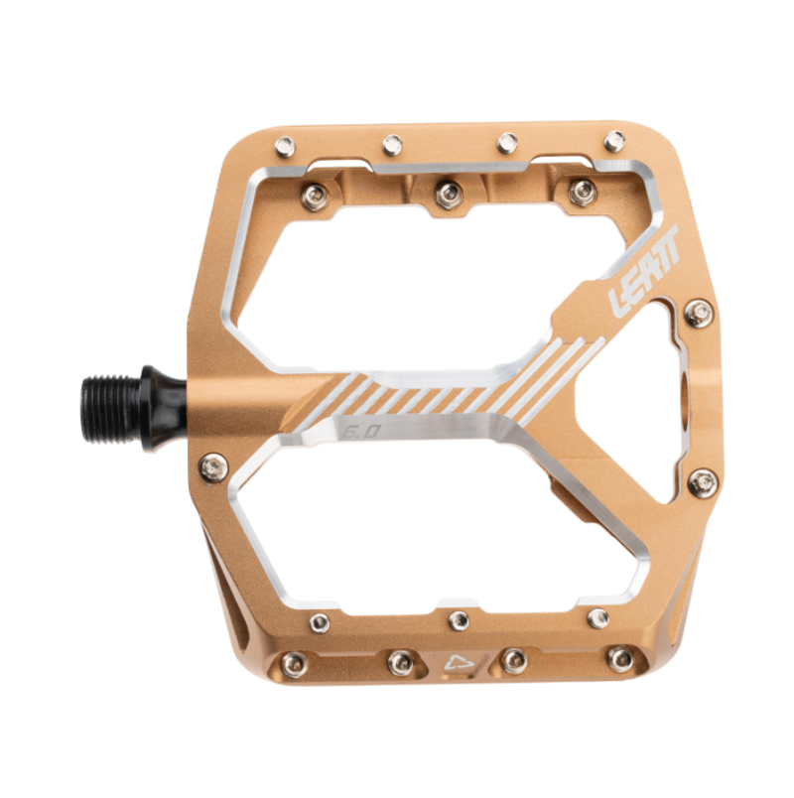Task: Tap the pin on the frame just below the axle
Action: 210,464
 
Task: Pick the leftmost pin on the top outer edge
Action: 286,147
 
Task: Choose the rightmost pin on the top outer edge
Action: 614,141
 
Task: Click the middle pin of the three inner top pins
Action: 448,190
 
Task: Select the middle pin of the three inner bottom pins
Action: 458,620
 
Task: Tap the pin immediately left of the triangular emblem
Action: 401,662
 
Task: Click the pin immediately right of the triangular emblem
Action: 514,660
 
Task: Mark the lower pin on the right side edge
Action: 704,483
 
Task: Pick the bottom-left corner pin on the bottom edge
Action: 293,661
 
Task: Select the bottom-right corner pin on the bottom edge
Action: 620,658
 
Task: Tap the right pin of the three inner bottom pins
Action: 597,618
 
